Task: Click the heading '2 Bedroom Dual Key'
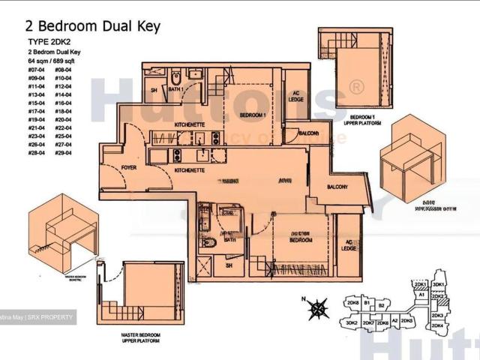click(x=93, y=26)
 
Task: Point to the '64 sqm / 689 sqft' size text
click(x=55, y=61)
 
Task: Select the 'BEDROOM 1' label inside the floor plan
click(x=253, y=115)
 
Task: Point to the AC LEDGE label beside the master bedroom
click(x=348, y=244)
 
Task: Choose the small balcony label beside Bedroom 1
click(x=308, y=133)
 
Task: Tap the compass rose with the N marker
click(x=319, y=307)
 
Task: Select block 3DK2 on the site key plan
click(x=351, y=323)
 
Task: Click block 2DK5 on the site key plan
click(x=409, y=320)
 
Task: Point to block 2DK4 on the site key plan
click(x=438, y=326)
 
